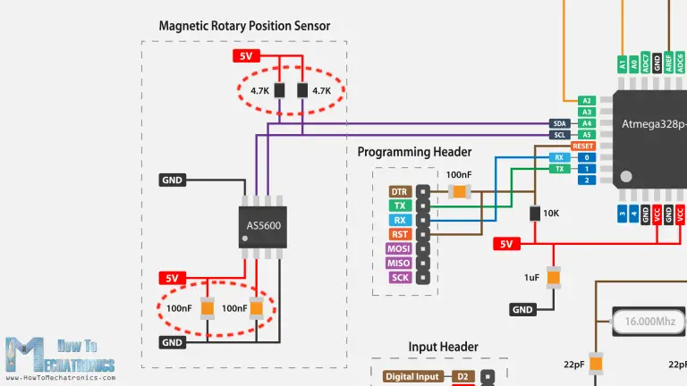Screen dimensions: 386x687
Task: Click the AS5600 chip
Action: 263,226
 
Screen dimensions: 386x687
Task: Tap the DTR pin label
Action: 398,192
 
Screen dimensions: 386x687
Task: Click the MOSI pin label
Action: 398,248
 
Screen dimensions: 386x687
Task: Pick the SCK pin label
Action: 399,277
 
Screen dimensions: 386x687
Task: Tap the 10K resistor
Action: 535,214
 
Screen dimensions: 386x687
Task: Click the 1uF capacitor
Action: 554,278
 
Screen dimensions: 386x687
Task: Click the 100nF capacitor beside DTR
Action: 459,191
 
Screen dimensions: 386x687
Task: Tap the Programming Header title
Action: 414,152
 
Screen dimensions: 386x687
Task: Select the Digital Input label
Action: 411,377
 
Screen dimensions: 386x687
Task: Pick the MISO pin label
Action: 398,263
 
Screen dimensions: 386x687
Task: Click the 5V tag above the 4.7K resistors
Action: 245,56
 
